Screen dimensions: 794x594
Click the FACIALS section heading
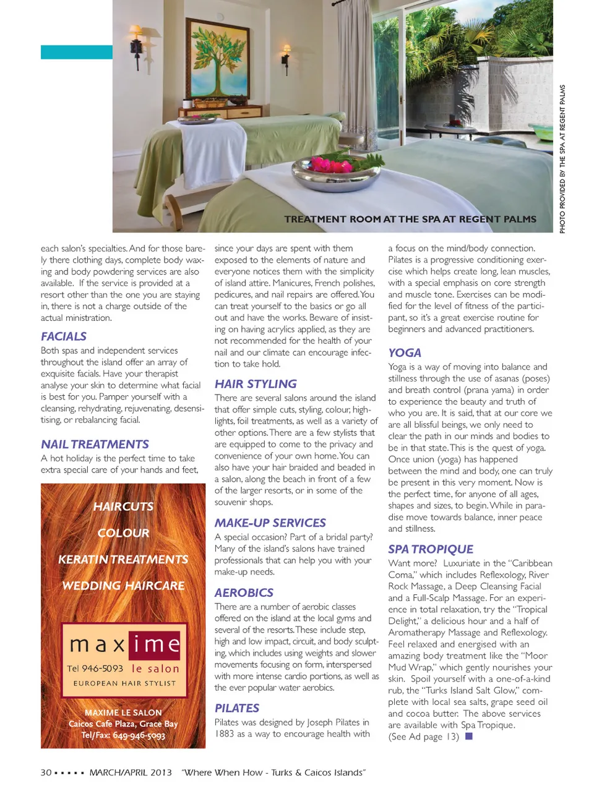pyautogui.click(x=64, y=336)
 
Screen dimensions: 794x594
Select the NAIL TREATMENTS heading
pyautogui.click(x=95, y=444)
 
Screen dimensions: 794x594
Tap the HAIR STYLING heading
pyautogui.click(x=256, y=383)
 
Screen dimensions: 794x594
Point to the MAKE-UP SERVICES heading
pyautogui.click(x=270, y=523)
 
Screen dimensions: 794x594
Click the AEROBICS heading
pyautogui.click(x=244, y=592)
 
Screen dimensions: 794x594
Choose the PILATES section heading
pyautogui.click(x=236, y=708)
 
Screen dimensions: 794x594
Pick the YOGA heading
pyautogui.click(x=405, y=352)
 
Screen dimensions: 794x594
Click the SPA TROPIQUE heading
pyautogui.click(x=431, y=549)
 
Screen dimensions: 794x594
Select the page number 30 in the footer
pyautogui.click(x=46, y=772)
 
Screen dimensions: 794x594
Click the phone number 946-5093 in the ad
pyautogui.click(x=102, y=668)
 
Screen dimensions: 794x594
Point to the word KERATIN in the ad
pyautogui.click(x=82, y=559)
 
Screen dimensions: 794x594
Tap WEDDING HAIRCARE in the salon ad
pyautogui.click(x=123, y=585)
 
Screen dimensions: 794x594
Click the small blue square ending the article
pyautogui.click(x=468, y=736)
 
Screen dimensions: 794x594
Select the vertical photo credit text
pyautogui.click(x=562, y=159)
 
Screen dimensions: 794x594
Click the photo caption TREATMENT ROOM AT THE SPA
pyautogui.click(x=410, y=219)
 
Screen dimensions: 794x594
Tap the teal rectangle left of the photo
pyautogui.click(x=77, y=52)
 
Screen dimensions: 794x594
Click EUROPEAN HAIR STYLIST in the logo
pyautogui.click(x=124, y=683)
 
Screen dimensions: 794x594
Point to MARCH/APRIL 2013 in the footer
pyautogui.click(x=131, y=772)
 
